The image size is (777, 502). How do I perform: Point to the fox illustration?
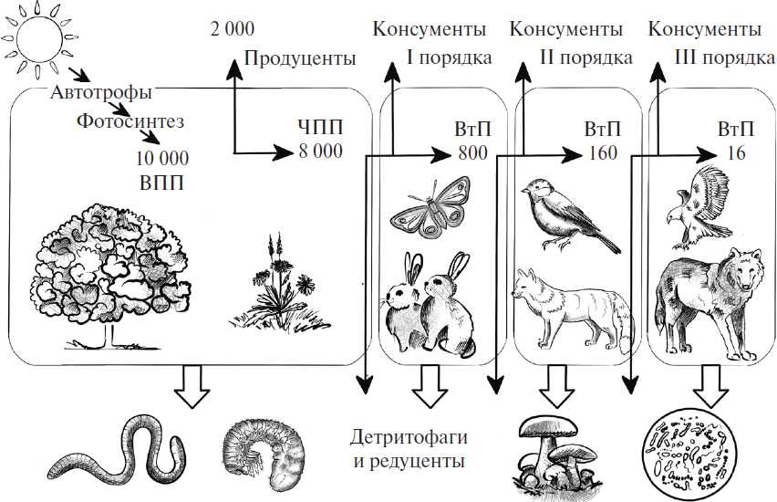(x=569, y=306)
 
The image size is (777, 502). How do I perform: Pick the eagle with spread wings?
(x=703, y=205)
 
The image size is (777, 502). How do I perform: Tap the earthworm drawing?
(x=119, y=448)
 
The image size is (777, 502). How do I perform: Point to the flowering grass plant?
(x=279, y=282)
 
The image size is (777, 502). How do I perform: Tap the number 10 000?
(x=161, y=158)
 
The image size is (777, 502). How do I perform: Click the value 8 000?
(x=320, y=152)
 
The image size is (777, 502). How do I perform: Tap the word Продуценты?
(x=299, y=59)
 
